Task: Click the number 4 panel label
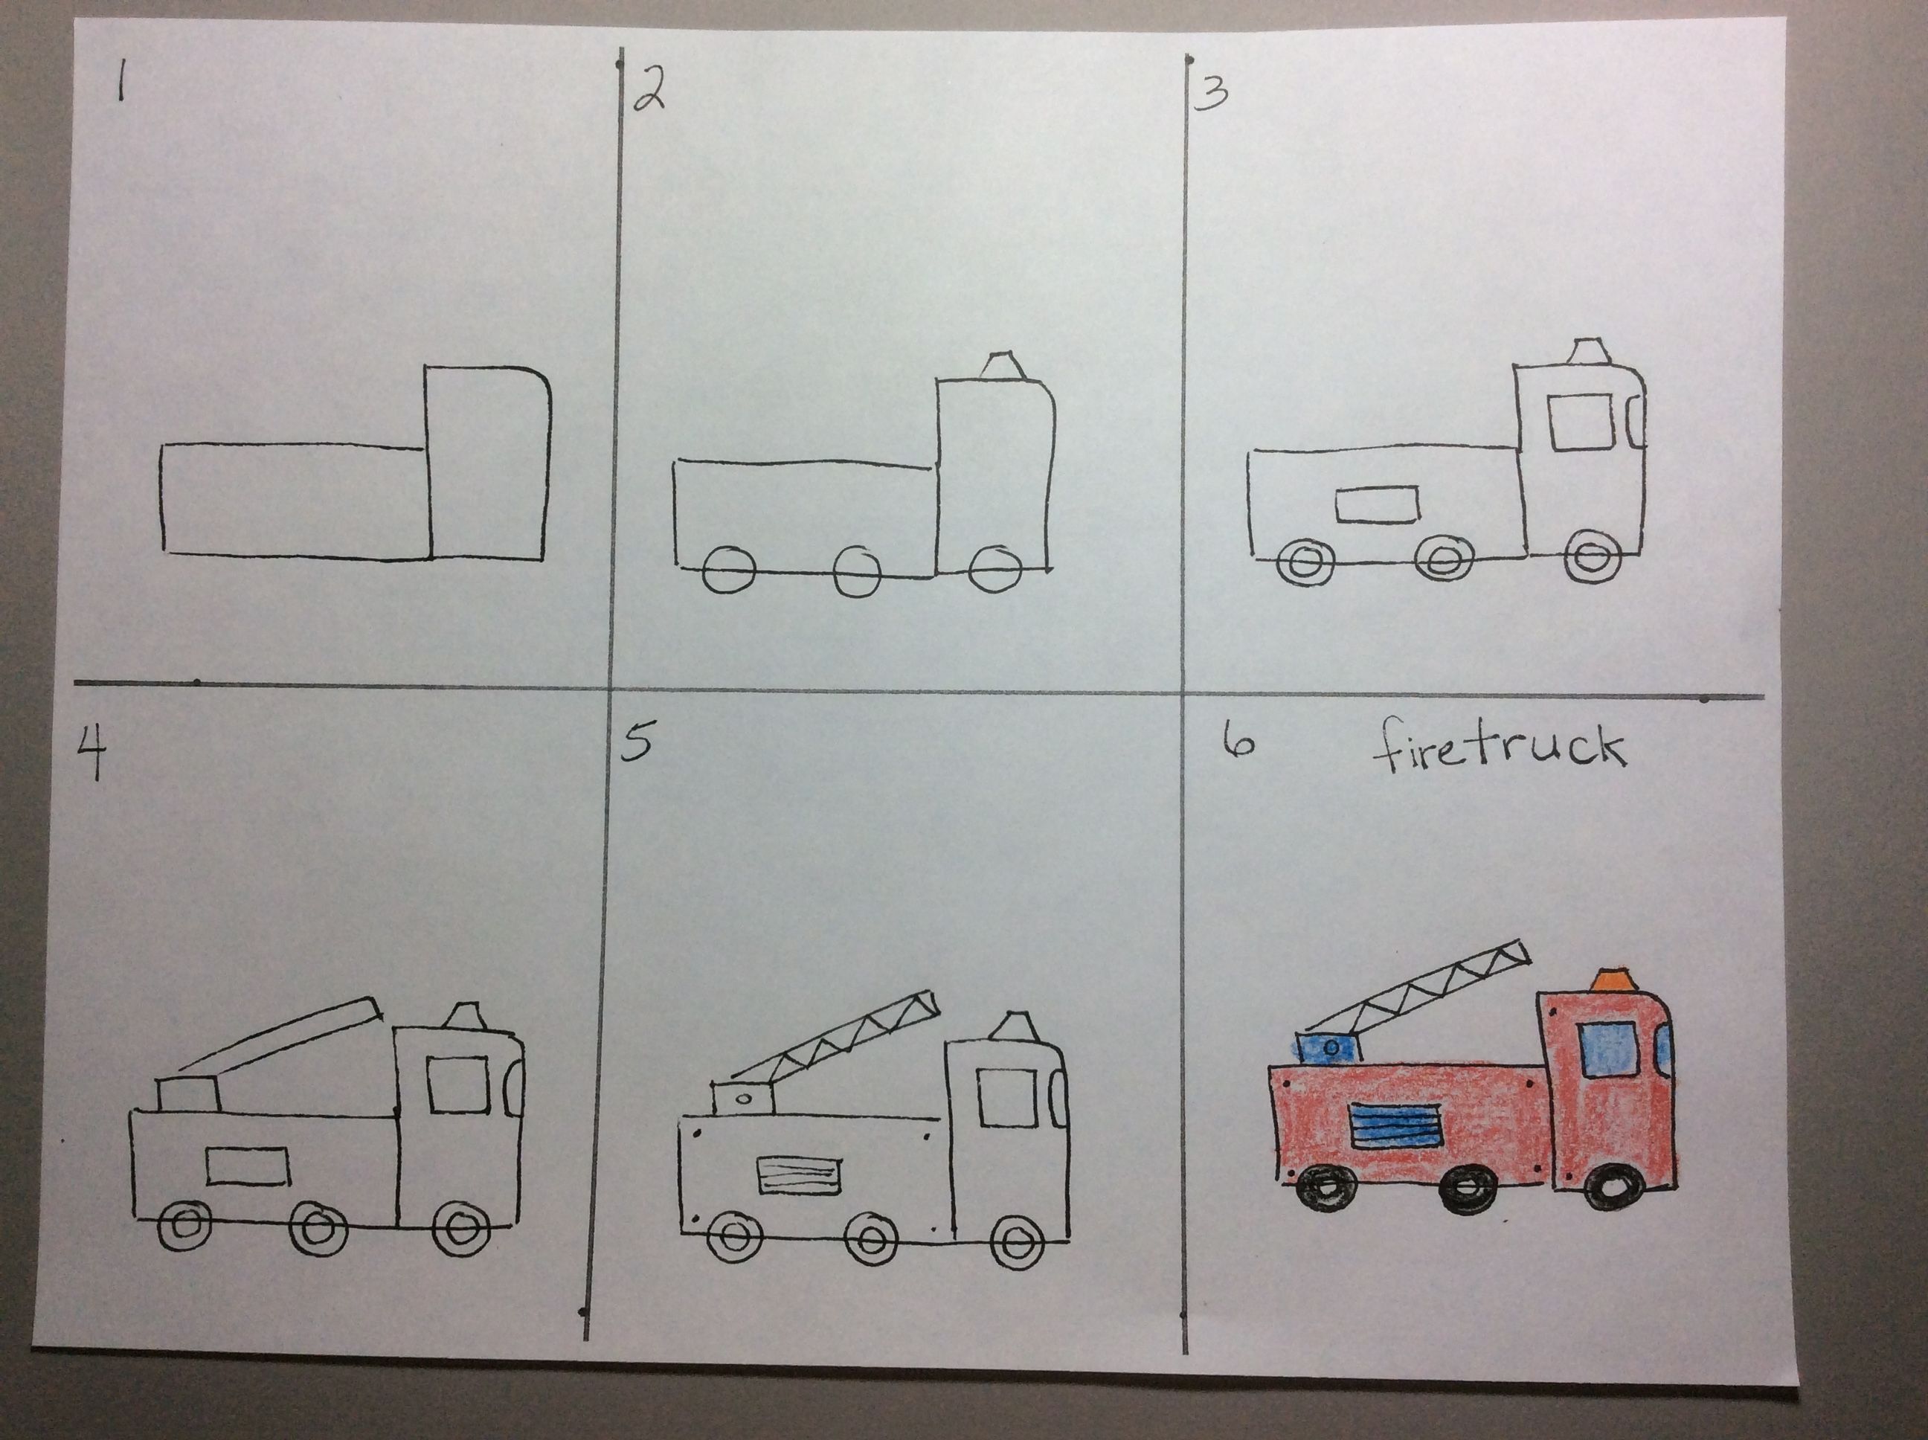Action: [90, 752]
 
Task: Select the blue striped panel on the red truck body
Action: [1396, 1125]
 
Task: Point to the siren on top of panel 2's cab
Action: [1004, 366]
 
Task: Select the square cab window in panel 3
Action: [1580, 422]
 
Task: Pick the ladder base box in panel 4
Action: [187, 1095]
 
